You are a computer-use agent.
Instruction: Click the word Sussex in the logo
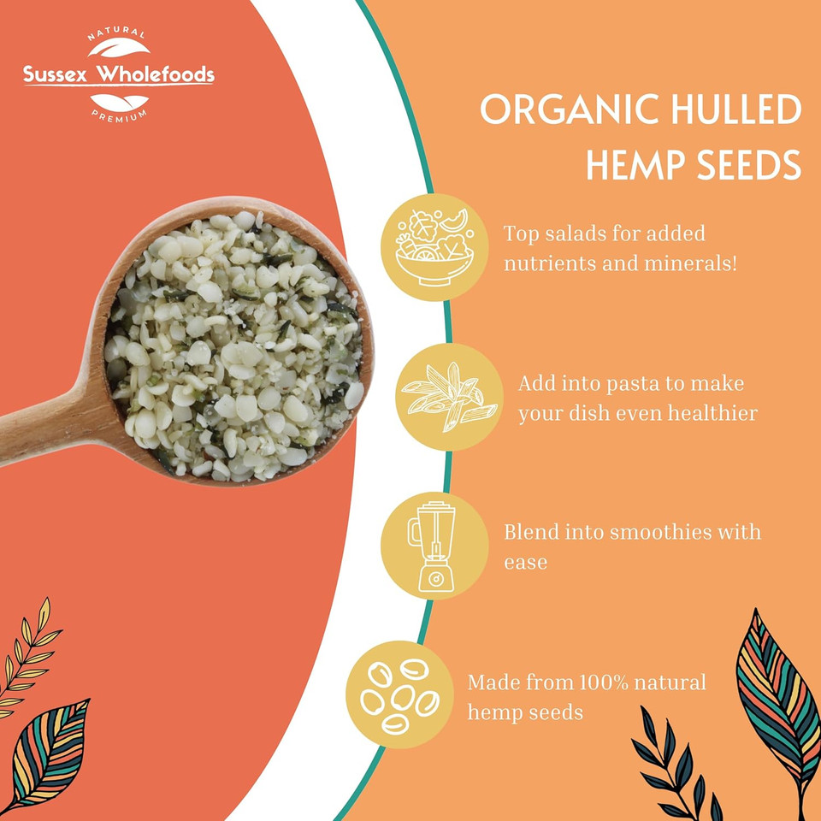point(56,75)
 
